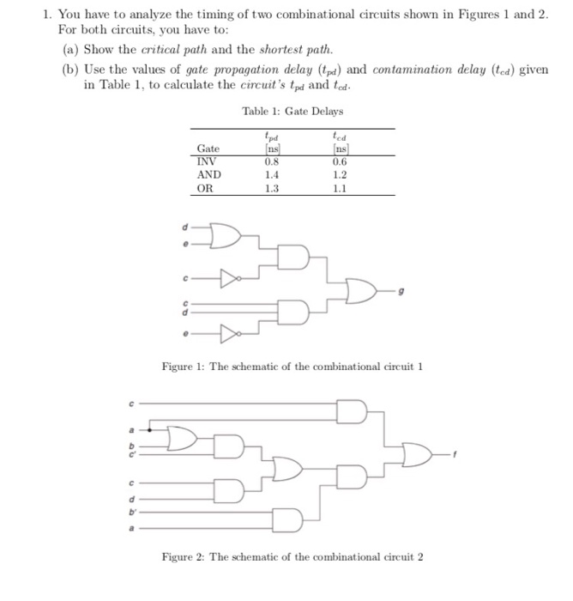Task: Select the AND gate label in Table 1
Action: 208,174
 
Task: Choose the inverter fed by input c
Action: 227,277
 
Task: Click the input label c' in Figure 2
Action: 132,452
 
